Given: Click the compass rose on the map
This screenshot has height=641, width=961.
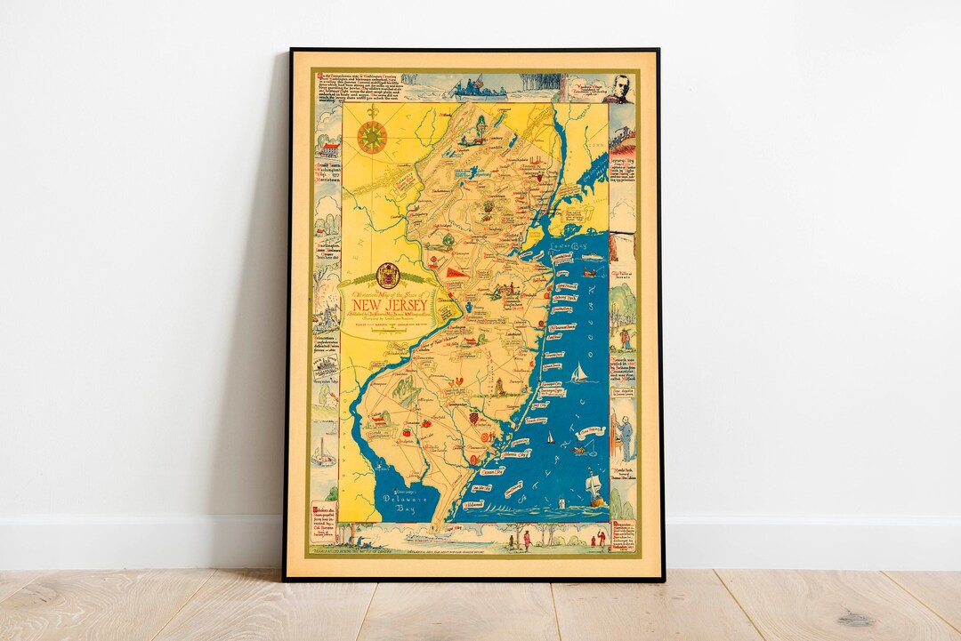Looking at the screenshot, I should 372,137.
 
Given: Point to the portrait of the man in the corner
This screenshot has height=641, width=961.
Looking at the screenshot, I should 618,90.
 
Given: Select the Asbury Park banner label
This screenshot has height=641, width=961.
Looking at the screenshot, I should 563,286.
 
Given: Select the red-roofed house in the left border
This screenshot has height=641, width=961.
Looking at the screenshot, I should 327,148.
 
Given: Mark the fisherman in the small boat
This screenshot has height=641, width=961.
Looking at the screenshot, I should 579,449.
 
